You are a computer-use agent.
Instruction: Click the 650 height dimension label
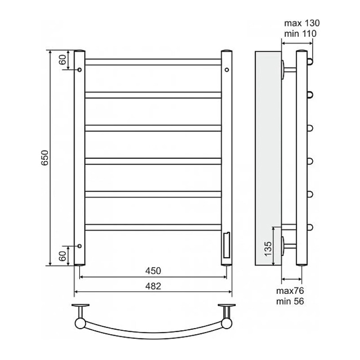pyautogui.click(x=45, y=157)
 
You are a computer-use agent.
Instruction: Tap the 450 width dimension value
pyautogui.click(x=153, y=271)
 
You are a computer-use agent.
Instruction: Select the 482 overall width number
pyautogui.click(x=153, y=286)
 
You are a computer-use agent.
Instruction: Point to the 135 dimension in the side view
pyautogui.click(x=268, y=249)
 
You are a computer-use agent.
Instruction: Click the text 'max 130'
pyautogui.click(x=301, y=23)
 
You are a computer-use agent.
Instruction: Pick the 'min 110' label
pyautogui.click(x=300, y=34)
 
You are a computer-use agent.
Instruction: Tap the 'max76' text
pyautogui.click(x=290, y=291)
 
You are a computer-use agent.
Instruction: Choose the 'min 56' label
pyautogui.click(x=290, y=301)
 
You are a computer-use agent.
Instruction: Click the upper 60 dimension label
pyautogui.click(x=63, y=60)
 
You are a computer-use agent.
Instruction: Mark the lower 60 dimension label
pyautogui.click(x=63, y=256)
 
